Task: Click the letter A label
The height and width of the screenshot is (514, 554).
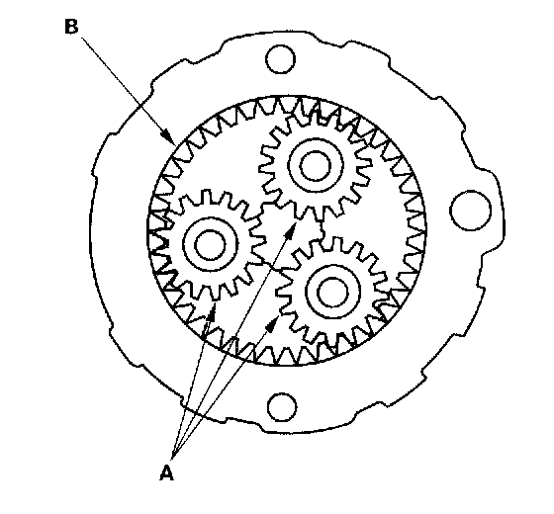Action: pyautogui.click(x=166, y=473)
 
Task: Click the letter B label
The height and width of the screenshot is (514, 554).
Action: pyautogui.click(x=71, y=27)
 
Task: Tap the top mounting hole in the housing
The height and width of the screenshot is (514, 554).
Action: pyautogui.click(x=281, y=59)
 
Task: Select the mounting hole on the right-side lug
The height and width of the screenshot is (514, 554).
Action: pyautogui.click(x=471, y=211)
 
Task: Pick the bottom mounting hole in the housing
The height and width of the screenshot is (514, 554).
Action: pyautogui.click(x=282, y=407)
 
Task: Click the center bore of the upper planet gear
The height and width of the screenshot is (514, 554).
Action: pyautogui.click(x=316, y=166)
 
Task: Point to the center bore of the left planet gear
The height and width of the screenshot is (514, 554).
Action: pyautogui.click(x=210, y=244)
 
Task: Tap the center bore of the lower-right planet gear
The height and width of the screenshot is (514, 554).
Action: pyautogui.click(x=332, y=292)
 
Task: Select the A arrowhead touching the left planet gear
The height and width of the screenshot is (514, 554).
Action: pyautogui.click(x=212, y=310)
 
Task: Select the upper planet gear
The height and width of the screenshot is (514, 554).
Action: pyautogui.click(x=316, y=166)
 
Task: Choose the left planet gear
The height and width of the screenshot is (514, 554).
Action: pyautogui.click(x=210, y=244)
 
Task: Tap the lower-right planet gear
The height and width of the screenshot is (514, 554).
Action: pyautogui.click(x=332, y=292)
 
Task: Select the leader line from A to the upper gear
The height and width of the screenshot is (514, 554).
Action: pyautogui.click(x=234, y=340)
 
